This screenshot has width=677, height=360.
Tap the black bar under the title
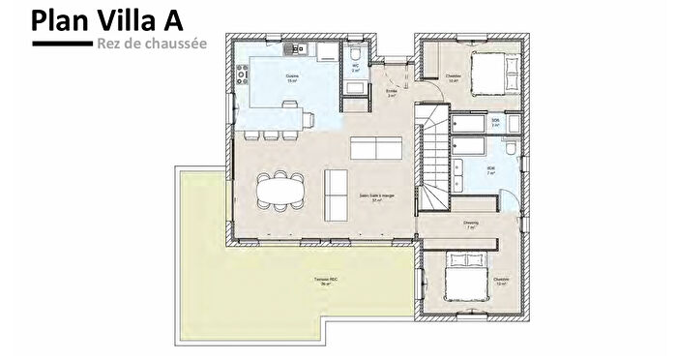(x=62, y=45)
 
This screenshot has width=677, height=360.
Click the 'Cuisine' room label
(x=291, y=77)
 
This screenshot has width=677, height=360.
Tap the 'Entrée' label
(x=392, y=93)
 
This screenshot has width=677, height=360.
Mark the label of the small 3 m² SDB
(x=495, y=122)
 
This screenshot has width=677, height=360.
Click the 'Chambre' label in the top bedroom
(x=454, y=77)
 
